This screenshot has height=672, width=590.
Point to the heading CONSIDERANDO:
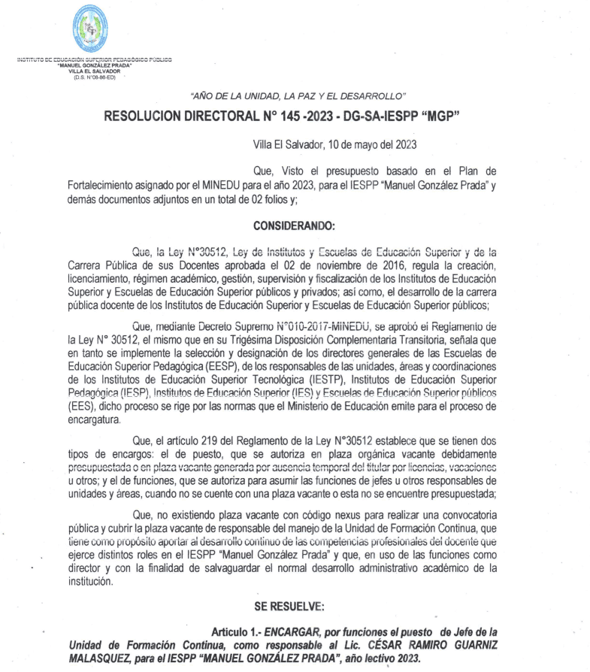294,226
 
